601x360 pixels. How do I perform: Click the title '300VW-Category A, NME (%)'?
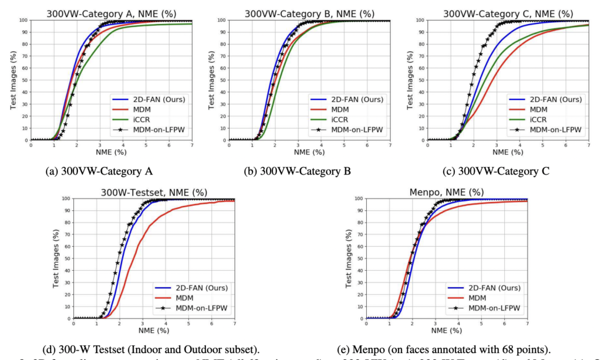pyautogui.click(x=112, y=13)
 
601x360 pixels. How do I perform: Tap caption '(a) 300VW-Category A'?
pyautogui.click(x=99, y=171)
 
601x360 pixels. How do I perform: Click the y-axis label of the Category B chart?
pyautogui.click(x=212, y=80)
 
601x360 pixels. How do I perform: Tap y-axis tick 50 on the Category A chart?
pyautogui.click(x=23, y=80)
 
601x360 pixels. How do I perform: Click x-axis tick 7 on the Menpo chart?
pyautogui.click(x=527, y=324)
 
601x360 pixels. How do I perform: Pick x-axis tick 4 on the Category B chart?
pyautogui.click(x=321, y=145)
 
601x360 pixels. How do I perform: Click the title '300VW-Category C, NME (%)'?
pyautogui.click(x=508, y=13)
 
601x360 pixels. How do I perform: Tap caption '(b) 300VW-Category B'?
pyautogui.click(x=298, y=171)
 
